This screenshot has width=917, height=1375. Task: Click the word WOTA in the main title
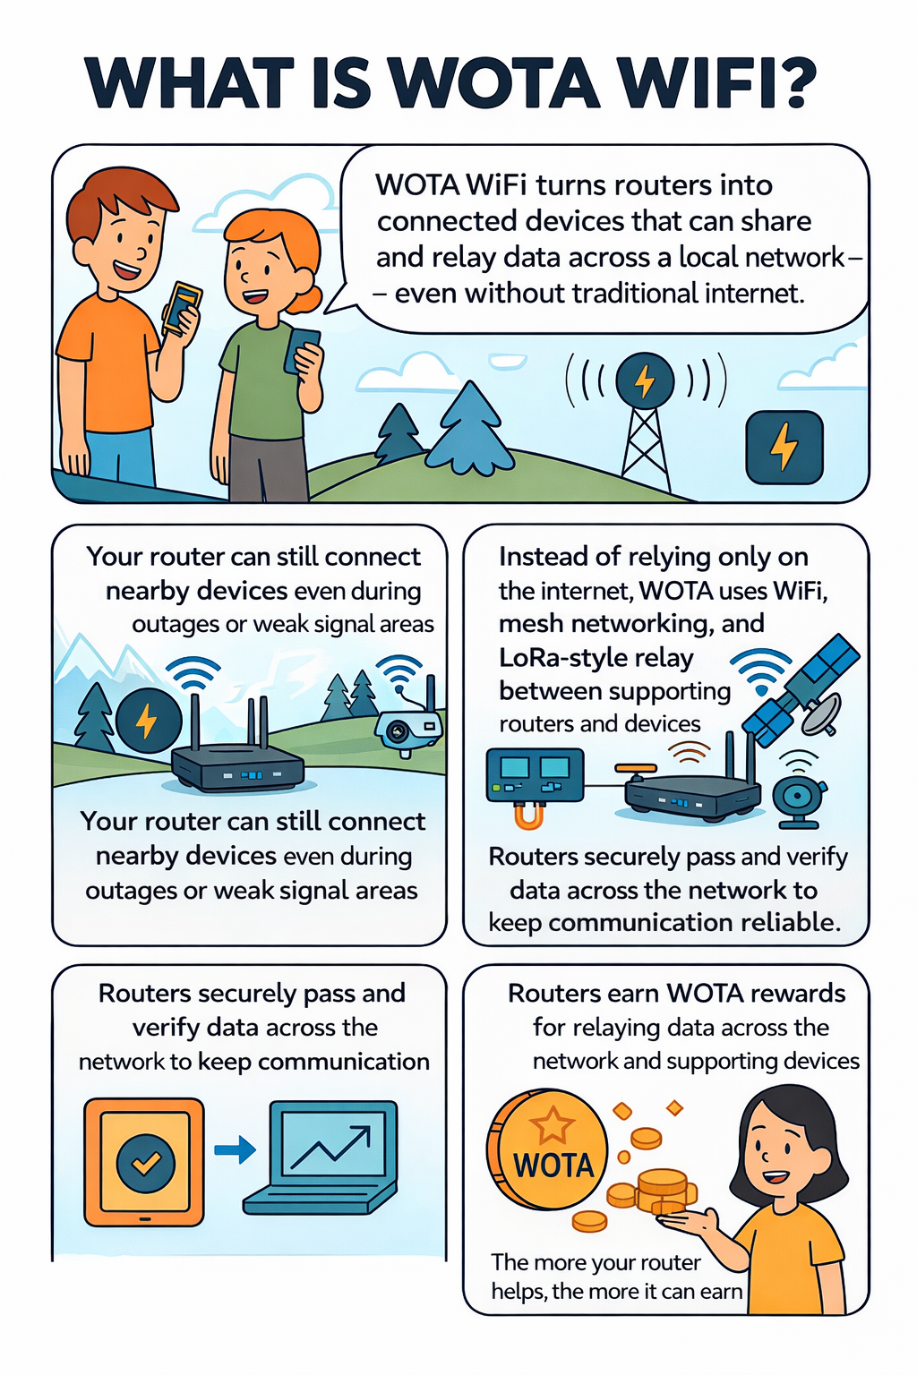(495, 83)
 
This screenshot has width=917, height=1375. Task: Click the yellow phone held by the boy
(182, 307)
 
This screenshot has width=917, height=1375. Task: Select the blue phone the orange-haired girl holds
(303, 349)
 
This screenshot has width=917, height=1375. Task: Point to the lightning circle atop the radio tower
(645, 381)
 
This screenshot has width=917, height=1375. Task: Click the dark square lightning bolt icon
(784, 447)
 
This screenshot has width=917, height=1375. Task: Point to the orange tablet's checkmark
(146, 1163)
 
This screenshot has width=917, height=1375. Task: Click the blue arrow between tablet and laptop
(236, 1149)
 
